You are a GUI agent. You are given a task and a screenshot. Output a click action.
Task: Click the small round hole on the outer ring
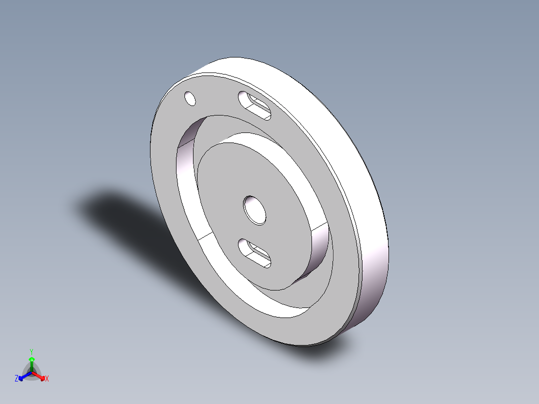click(x=190, y=98)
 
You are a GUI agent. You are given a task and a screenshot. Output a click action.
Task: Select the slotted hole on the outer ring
click(x=254, y=105)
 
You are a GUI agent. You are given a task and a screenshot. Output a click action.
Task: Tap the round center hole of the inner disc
click(x=255, y=209)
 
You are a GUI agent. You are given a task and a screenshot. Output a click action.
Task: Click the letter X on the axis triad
click(x=47, y=379)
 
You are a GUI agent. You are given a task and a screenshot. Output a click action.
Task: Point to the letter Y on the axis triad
click(x=31, y=351)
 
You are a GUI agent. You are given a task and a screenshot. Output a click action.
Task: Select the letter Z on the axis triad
click(x=16, y=379)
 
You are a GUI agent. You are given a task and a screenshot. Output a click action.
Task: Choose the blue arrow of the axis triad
click(x=23, y=376)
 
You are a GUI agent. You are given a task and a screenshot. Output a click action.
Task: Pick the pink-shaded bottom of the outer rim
click(x=372, y=295)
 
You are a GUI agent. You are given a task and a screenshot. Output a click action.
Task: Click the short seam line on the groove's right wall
click(x=320, y=226)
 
